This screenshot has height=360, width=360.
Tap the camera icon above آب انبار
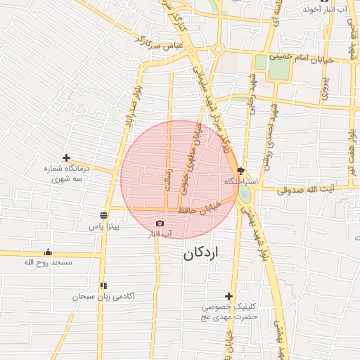coord(160,224)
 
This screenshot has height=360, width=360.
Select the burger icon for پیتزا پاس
coord(103,215)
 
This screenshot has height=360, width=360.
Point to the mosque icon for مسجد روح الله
coord(48,252)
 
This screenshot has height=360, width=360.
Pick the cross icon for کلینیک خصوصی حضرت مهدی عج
coord(229,296)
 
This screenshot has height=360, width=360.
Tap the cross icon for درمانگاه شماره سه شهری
coord(66,158)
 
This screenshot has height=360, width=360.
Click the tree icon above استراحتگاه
coord(240,171)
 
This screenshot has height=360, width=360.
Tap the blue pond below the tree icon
coord(244,190)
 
